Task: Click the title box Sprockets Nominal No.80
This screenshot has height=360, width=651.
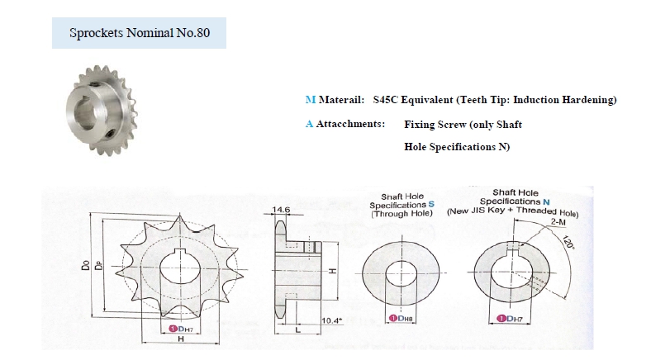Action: (x=139, y=33)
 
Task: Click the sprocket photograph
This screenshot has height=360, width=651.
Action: (x=101, y=111)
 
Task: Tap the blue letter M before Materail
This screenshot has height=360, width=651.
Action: (x=310, y=100)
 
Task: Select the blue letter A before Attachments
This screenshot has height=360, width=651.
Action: (x=309, y=124)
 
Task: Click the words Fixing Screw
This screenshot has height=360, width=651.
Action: (x=435, y=125)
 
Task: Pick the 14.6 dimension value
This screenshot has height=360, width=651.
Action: (x=281, y=210)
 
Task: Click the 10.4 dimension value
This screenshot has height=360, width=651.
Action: (x=332, y=320)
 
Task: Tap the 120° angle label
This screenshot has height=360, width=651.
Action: (x=568, y=242)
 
